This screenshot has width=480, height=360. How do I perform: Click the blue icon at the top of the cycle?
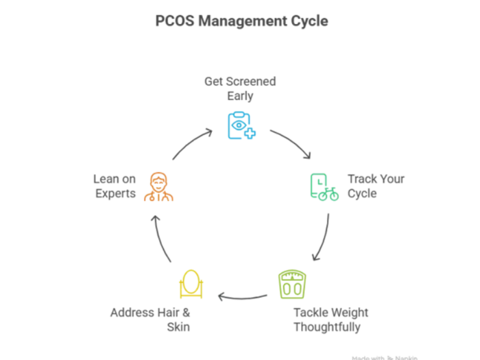[241, 125]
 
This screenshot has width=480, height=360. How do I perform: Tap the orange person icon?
[159, 187]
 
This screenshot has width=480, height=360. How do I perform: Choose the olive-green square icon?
[291, 284]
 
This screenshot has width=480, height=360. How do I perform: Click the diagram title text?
[239, 20]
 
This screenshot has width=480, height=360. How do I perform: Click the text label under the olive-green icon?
[332, 320]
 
